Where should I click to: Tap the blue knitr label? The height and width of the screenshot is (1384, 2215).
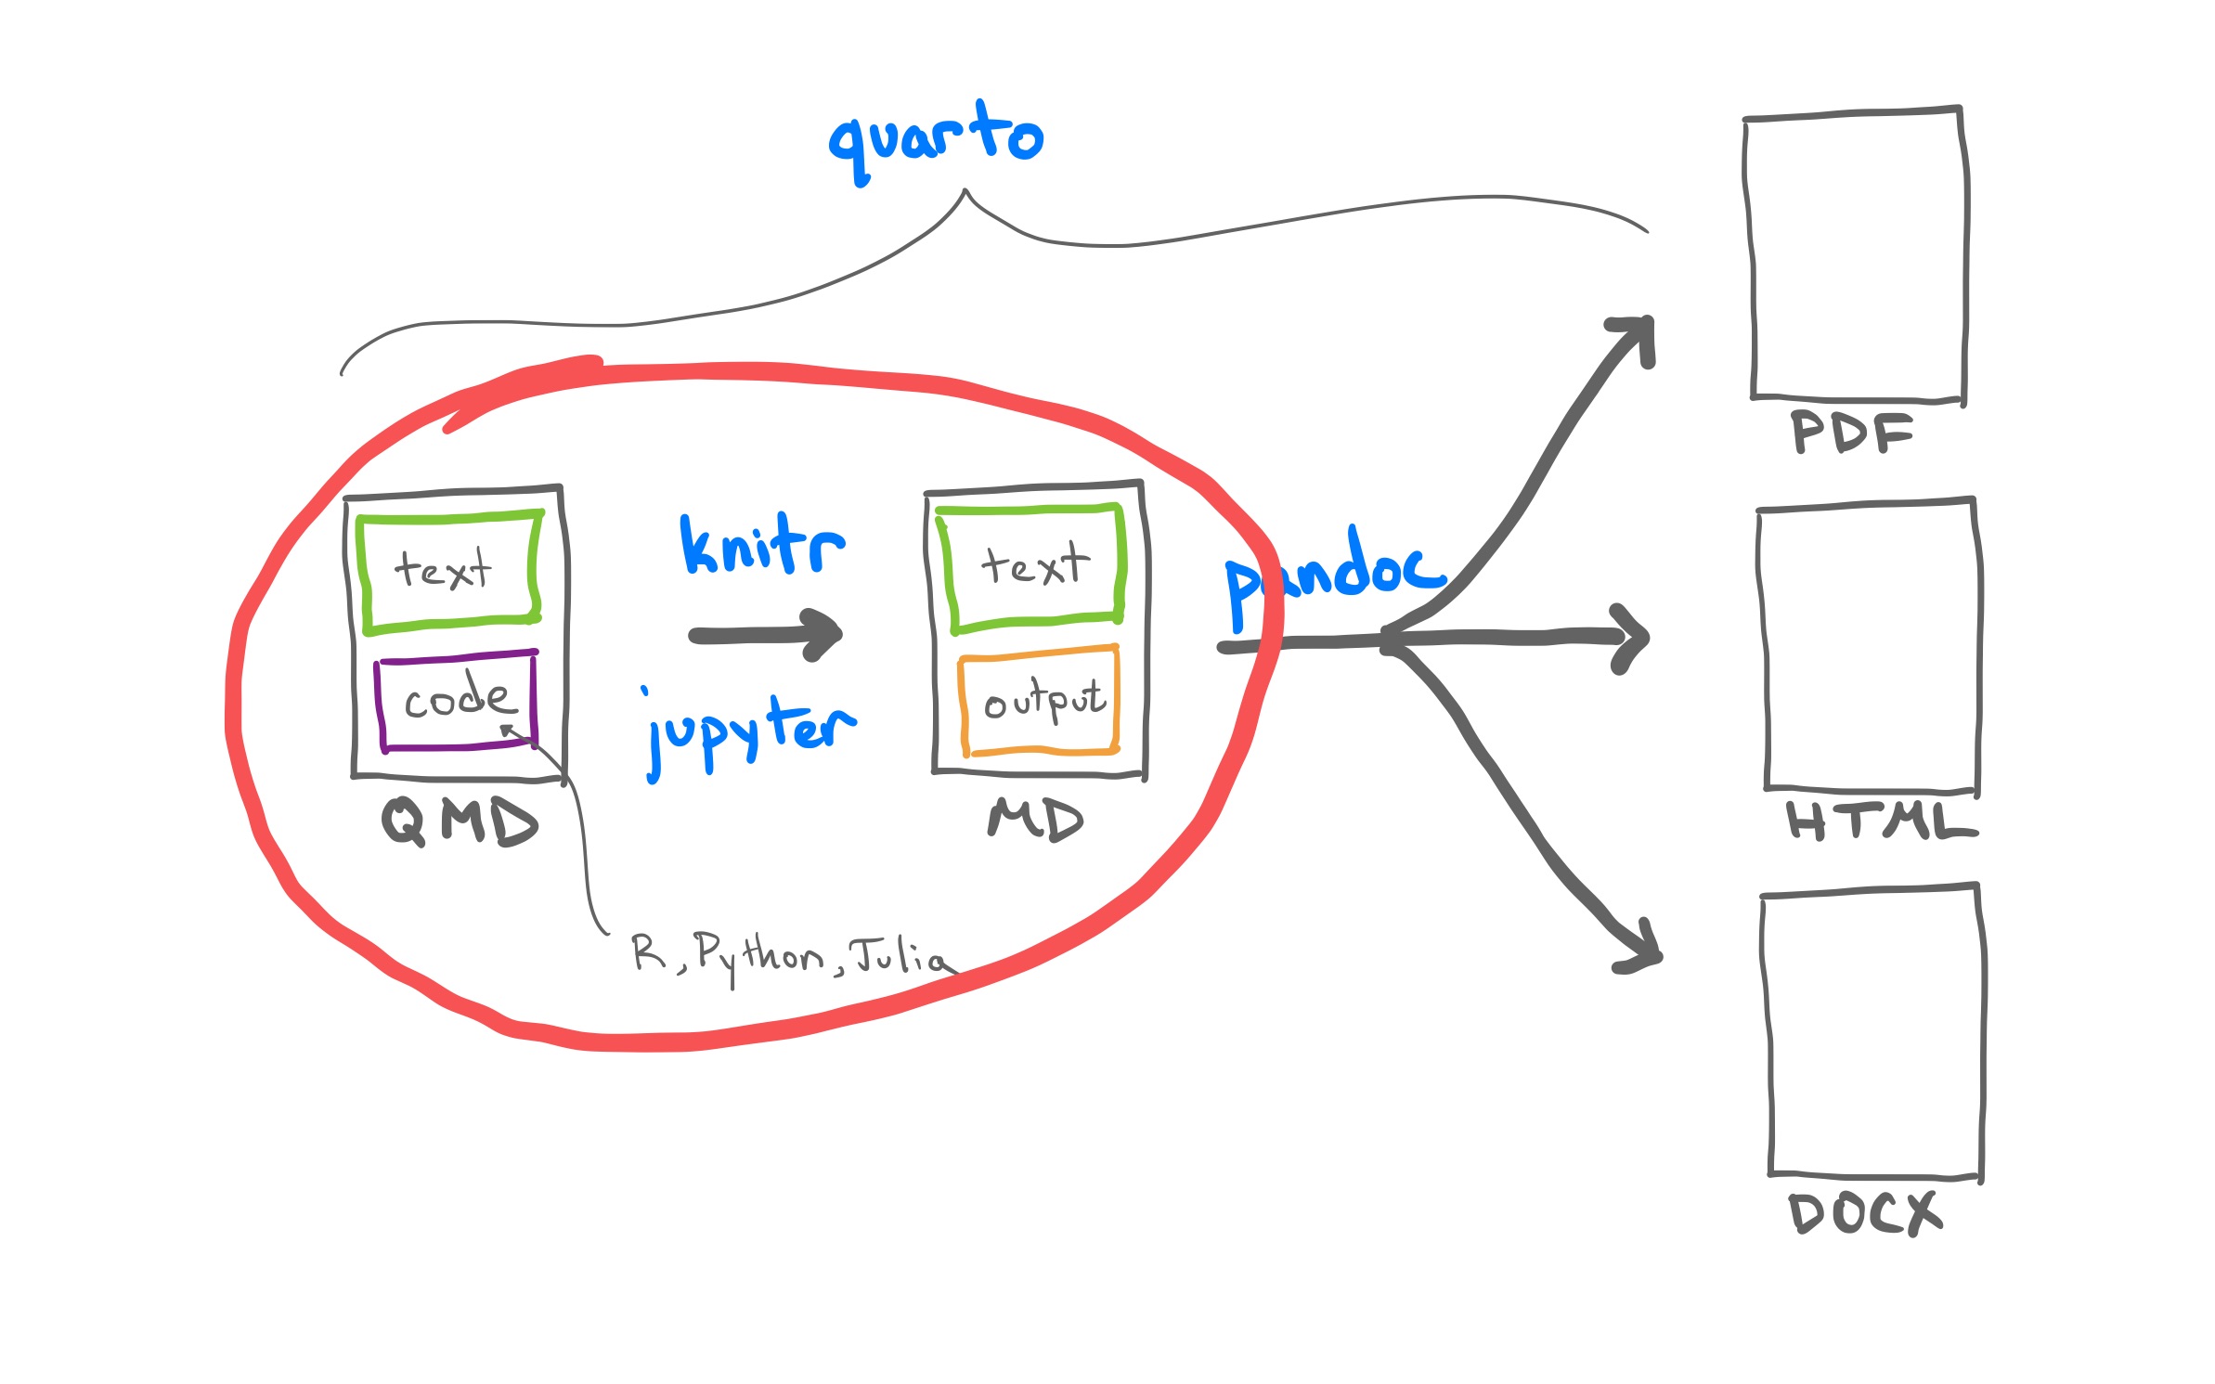[x=762, y=546]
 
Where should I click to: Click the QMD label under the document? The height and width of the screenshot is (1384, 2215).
[x=460, y=821]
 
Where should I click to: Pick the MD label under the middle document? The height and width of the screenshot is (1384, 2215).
[x=1035, y=820]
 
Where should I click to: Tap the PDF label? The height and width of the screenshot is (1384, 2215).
[x=1851, y=433]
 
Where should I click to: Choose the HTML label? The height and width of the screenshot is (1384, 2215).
[x=1881, y=821]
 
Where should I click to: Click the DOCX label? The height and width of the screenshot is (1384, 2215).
[x=1864, y=1213]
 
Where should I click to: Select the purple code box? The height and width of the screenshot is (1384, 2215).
[x=457, y=701]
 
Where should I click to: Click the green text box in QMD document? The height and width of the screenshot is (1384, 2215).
[x=449, y=571]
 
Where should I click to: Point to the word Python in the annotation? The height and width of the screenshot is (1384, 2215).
[x=758, y=953]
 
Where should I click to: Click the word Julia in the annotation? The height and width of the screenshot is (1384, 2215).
[x=900, y=955]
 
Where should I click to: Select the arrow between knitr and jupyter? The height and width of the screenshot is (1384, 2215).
[x=767, y=635]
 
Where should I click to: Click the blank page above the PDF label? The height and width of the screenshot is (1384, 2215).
[x=1857, y=256]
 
